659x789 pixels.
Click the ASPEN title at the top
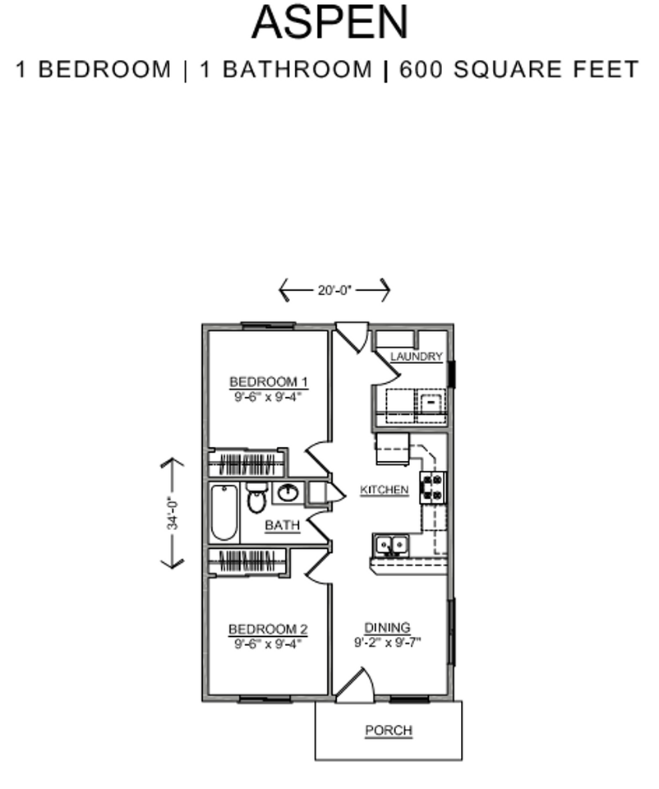point(329,22)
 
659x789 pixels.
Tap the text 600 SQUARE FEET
point(518,70)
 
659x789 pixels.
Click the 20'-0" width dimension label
point(334,290)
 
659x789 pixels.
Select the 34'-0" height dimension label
point(173,513)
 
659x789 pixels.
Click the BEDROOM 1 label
point(268,381)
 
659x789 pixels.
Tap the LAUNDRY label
point(416,357)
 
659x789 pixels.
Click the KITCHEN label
point(384,490)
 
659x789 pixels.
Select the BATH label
point(282,526)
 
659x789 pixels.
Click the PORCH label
point(388,730)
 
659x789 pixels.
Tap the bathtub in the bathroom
point(224,513)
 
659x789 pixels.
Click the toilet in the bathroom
point(256,498)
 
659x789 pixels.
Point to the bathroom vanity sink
point(288,493)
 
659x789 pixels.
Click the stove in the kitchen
point(433,487)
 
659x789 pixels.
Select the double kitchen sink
point(391,544)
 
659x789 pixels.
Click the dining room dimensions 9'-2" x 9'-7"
point(387,642)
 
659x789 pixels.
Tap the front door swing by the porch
point(355,686)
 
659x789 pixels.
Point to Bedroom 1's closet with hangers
point(247,463)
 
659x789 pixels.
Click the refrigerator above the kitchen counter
point(392,450)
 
